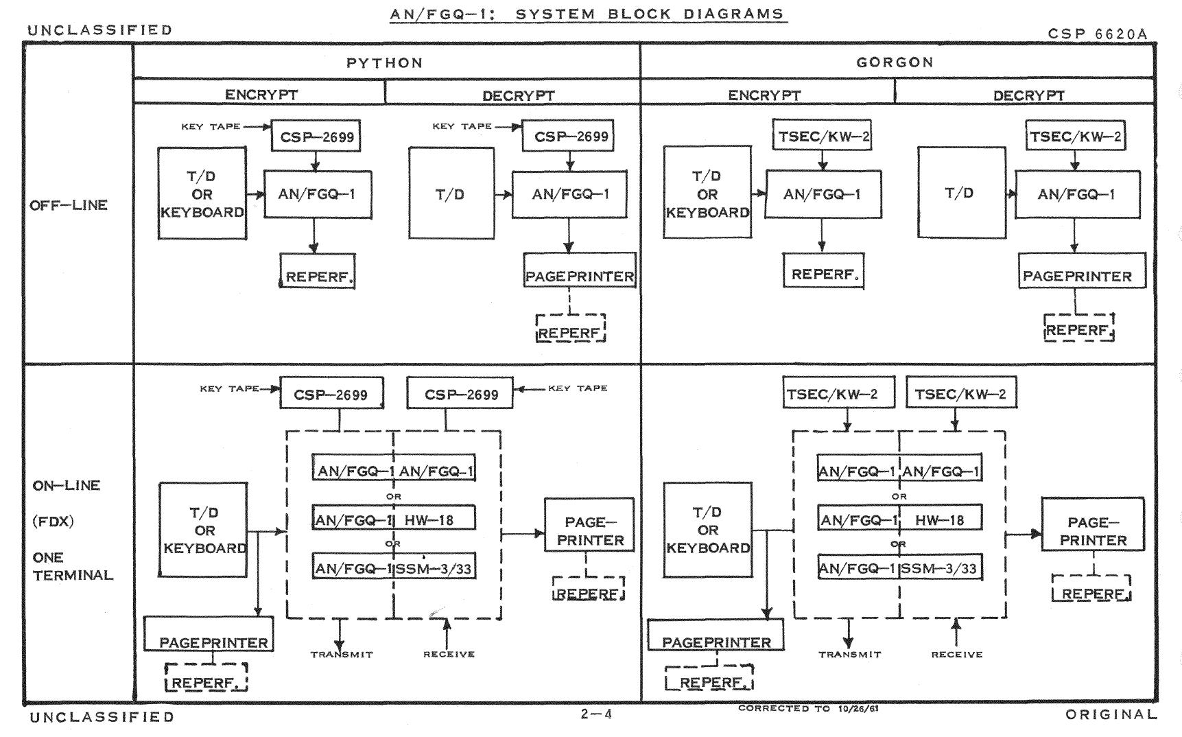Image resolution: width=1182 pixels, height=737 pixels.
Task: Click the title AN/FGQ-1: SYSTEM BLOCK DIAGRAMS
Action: [x=588, y=14]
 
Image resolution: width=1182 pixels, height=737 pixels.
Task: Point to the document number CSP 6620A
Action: [x=1097, y=34]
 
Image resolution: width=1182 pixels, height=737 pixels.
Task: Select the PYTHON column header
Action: [x=385, y=63]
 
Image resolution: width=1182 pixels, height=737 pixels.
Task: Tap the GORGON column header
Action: [x=895, y=62]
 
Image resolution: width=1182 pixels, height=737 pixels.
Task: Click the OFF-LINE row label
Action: [x=69, y=205]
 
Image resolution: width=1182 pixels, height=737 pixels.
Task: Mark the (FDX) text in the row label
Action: [x=54, y=522]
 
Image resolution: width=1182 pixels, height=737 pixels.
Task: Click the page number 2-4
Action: [x=596, y=714]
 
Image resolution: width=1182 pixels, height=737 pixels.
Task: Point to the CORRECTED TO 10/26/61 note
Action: [x=808, y=708]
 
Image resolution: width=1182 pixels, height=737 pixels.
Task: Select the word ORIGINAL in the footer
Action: [x=1111, y=714]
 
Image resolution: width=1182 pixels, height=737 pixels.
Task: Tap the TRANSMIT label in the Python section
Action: [x=342, y=655]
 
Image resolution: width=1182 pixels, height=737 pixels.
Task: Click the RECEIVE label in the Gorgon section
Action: [x=956, y=655]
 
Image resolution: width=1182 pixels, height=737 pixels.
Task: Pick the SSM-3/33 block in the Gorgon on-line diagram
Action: [x=940, y=568]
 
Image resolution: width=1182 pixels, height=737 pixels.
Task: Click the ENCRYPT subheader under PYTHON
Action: [x=261, y=95]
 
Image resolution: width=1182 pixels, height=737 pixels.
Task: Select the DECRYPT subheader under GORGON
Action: [x=1028, y=95]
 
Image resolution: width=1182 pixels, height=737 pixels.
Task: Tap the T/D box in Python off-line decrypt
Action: [x=450, y=194]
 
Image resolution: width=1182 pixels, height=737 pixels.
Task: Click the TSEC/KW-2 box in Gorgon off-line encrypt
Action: [x=823, y=137]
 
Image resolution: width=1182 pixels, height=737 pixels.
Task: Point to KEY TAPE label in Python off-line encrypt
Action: [x=211, y=126]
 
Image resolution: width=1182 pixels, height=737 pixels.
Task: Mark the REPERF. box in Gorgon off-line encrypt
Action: [x=823, y=274]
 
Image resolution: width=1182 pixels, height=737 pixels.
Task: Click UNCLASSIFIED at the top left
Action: [x=100, y=30]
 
